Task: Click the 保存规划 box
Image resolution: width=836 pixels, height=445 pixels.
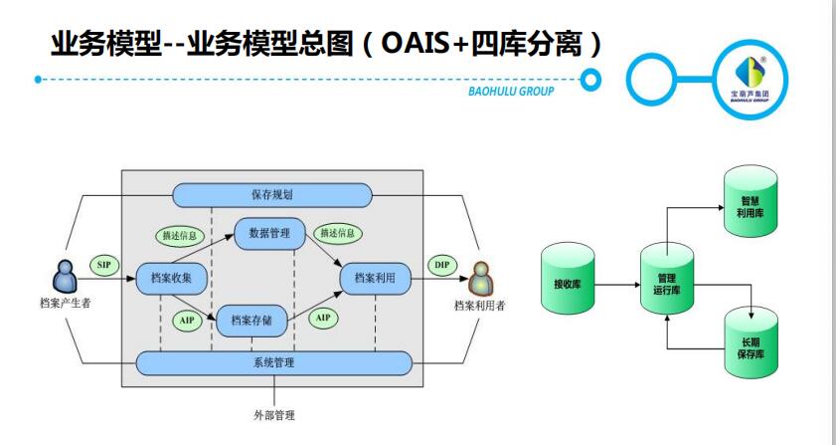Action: (271, 194)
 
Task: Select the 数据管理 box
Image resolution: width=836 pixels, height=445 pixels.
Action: (269, 233)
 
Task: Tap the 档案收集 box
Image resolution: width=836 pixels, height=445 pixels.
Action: (172, 278)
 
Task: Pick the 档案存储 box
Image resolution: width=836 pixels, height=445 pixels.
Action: (258, 320)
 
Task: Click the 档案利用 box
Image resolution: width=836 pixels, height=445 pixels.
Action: (375, 279)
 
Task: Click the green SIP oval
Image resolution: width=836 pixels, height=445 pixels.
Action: (104, 265)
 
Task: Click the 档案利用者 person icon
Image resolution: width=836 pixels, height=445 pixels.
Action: (480, 274)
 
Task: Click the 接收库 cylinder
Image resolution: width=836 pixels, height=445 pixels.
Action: (568, 283)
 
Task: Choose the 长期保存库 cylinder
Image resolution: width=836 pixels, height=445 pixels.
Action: (751, 345)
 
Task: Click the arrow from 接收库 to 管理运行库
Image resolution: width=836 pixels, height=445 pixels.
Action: (616, 285)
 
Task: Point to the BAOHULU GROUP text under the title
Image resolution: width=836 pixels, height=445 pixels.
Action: (511, 93)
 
